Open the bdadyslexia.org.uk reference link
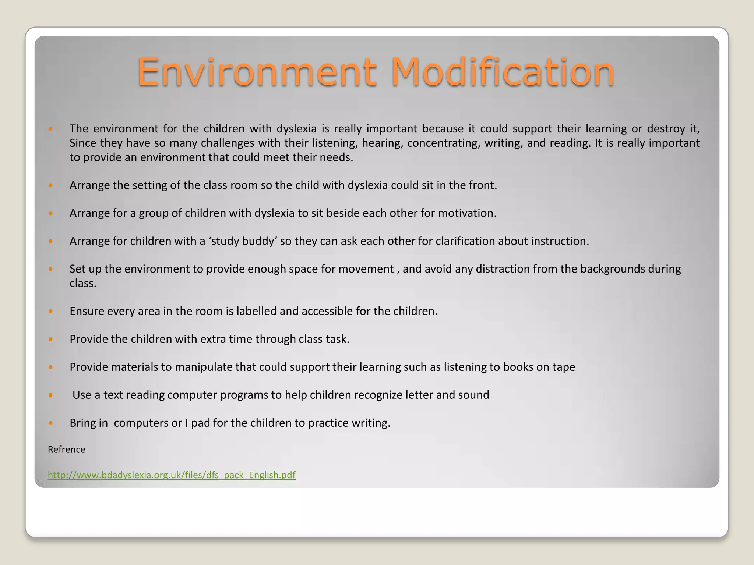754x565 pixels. tap(172, 475)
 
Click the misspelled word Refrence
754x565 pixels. tap(67, 449)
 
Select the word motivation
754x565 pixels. tap(467, 213)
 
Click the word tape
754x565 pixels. tap(564, 367)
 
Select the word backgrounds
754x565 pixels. tap(613, 269)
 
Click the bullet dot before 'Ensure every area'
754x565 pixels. tap(51, 312)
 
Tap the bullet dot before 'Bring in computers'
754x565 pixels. tap(51, 423)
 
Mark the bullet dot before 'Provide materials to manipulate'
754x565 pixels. tap(51, 367)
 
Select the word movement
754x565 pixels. tap(366, 269)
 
